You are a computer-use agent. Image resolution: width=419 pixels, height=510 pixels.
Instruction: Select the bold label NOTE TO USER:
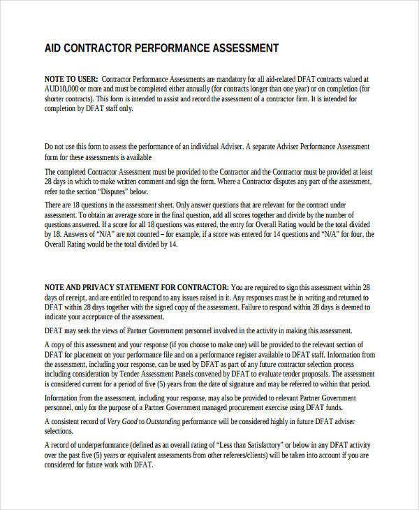[x=71, y=80]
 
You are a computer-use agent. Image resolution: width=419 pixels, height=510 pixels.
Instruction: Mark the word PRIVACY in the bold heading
[x=101, y=287]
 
